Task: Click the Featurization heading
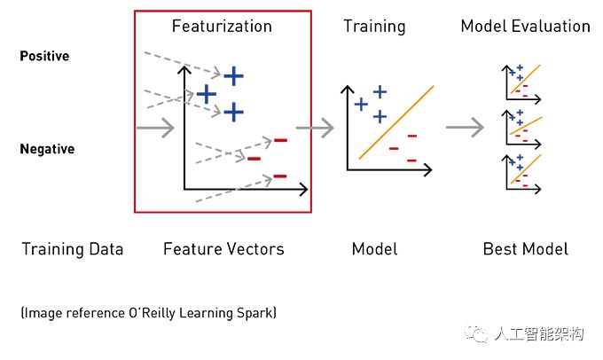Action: tap(222, 26)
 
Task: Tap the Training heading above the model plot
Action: tap(374, 27)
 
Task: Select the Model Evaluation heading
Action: tap(525, 26)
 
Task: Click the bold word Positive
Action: tap(44, 56)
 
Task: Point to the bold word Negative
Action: tap(47, 149)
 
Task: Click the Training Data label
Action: tap(73, 249)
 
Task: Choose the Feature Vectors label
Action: tap(223, 249)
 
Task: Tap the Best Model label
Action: tap(525, 249)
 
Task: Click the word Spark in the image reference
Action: tap(255, 313)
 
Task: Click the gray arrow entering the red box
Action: tap(155, 128)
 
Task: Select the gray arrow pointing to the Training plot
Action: tap(315, 128)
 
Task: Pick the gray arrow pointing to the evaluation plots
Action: tap(465, 127)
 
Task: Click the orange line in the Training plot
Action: tap(396, 122)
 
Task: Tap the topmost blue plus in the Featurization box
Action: tap(233, 76)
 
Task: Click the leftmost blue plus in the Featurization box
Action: tap(207, 94)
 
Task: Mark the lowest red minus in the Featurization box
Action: tap(280, 176)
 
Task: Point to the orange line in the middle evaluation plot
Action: tap(526, 126)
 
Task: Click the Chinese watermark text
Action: tap(539, 334)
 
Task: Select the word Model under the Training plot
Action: tap(374, 249)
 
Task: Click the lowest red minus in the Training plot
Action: tap(411, 160)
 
